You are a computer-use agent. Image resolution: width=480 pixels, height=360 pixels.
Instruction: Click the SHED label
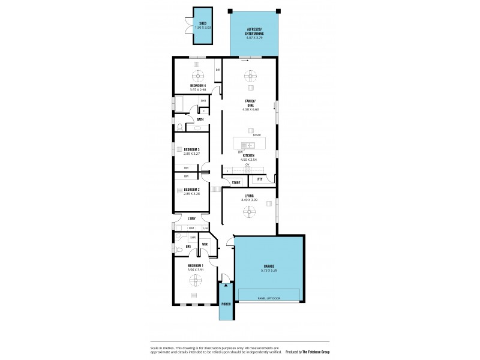pyautogui.click(x=203, y=23)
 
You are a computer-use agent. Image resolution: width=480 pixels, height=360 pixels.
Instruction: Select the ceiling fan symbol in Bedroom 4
pyautogui.click(x=197, y=75)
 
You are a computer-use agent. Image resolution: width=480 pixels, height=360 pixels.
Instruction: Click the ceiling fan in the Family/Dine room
pyautogui.click(x=249, y=76)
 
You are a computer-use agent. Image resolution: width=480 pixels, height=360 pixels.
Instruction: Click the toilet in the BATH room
pyautogui.click(x=179, y=127)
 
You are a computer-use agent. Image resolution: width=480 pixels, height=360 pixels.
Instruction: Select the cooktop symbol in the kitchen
pyautogui.click(x=247, y=169)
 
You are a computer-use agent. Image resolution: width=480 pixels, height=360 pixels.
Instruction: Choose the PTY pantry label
pyautogui.click(x=260, y=179)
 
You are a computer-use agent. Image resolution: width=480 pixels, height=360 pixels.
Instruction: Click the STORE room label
pyautogui.click(x=236, y=182)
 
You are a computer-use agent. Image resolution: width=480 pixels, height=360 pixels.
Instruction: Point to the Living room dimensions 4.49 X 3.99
pyautogui.click(x=249, y=199)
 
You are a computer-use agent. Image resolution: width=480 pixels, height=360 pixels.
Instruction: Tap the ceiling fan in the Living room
pyautogui.click(x=248, y=211)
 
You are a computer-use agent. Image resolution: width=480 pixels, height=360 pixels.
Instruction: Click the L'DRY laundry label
pyautogui.click(x=191, y=219)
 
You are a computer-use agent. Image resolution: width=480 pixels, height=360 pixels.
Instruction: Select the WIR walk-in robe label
pyautogui.click(x=205, y=244)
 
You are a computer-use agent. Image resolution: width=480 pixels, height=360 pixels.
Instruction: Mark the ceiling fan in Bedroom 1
pyautogui.click(x=195, y=278)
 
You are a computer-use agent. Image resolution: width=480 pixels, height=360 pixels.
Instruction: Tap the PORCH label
pyautogui.click(x=226, y=304)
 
